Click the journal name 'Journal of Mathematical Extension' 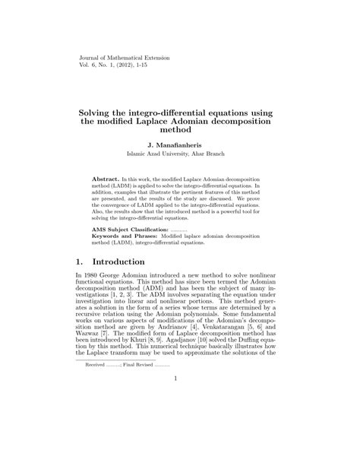coord(125,57)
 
